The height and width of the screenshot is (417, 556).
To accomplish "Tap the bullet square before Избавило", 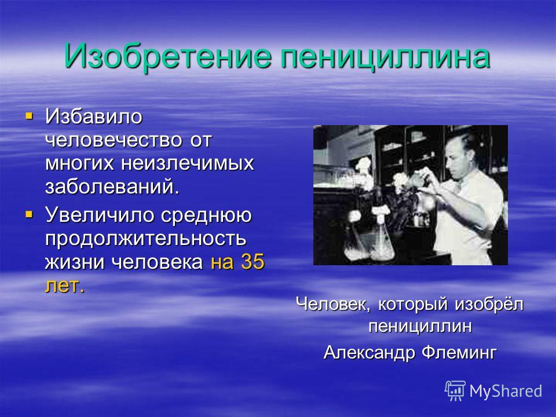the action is click(29, 115).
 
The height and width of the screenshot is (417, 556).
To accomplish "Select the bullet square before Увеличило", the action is click(29, 214).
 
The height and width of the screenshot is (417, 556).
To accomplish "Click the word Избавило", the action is click(94, 116).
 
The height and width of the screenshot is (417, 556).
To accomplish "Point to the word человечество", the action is click(114, 140).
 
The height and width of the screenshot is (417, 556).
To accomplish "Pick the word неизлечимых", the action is click(188, 163).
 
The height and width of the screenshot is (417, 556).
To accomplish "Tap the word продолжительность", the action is click(145, 239).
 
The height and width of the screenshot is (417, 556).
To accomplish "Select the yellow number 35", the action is click(253, 262).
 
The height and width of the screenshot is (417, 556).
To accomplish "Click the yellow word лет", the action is click(65, 285).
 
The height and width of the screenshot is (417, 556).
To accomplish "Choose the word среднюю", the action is click(206, 215).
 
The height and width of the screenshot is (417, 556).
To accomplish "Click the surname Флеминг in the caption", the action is click(459, 353).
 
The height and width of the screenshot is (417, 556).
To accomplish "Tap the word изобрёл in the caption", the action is click(489, 304).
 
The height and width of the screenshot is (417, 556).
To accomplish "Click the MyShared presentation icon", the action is click(455, 391).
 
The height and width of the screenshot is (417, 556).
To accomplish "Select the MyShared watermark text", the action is click(506, 391).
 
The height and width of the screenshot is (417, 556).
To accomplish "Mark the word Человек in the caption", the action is click(333, 304).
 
